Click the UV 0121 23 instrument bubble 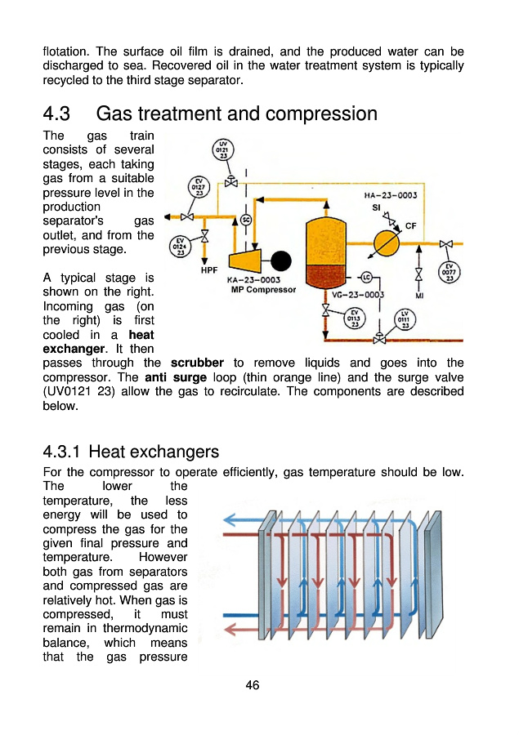point(223,150)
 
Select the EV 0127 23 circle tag point(199,188)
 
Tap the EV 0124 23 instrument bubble point(180,247)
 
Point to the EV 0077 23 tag point(449,272)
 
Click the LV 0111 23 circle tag point(405,319)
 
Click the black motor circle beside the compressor point(280,261)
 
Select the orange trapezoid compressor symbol point(245,261)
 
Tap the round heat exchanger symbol point(387,243)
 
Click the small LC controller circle point(366,278)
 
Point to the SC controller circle point(246,220)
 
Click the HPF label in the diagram point(208,270)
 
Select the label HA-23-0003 point(391,195)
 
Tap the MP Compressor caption point(263,290)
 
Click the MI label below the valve point(419,296)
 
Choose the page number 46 point(253,685)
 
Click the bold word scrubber point(197,363)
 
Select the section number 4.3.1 point(61,452)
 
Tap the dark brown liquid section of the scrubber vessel point(325,276)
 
